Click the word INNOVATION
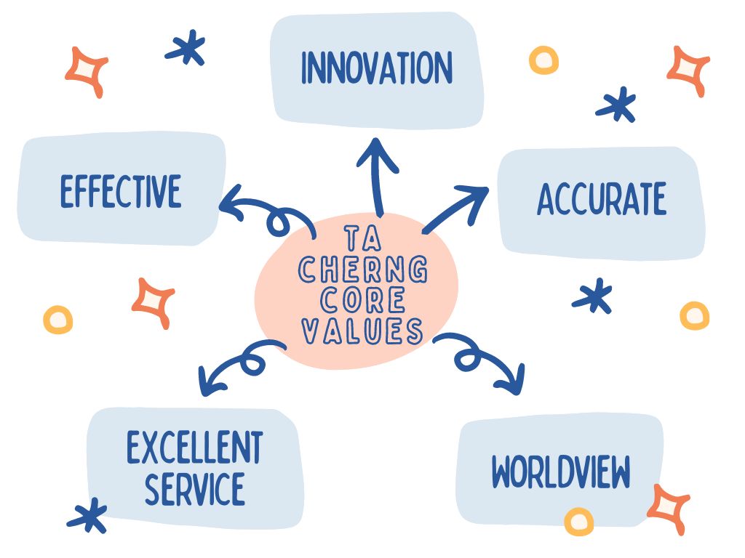[376, 69]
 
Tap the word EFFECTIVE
[121, 192]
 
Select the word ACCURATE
[601, 200]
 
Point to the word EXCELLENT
[194, 448]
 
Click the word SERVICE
[194, 488]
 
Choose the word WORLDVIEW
[560, 473]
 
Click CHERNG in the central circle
[362, 272]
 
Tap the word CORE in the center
[362, 302]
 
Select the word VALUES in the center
[362, 331]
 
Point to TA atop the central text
[362, 239]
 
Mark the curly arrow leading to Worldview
[484, 360]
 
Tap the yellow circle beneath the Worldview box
[579, 520]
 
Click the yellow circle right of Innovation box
[543, 60]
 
